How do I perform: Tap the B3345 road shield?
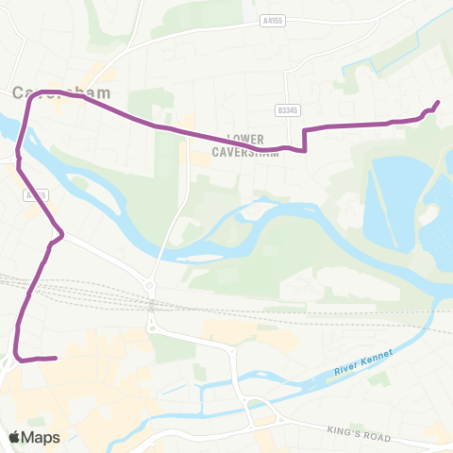coord(286,110)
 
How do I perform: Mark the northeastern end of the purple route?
coord(438,103)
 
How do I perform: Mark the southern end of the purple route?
coord(57,358)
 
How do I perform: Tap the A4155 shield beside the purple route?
coord(36,195)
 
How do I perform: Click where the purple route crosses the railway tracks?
coord(28,284)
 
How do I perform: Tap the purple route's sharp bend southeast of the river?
coord(62,235)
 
